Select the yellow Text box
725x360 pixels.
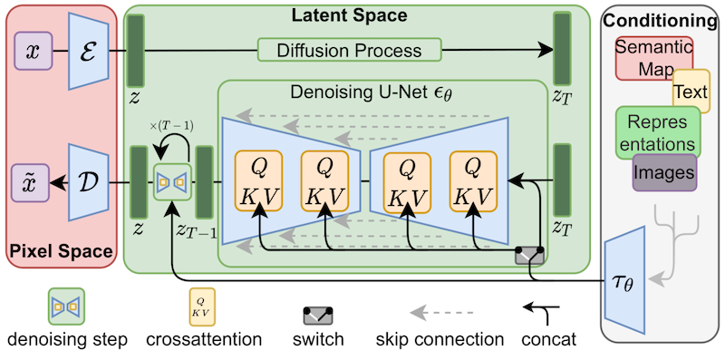691,91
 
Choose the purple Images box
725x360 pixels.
664,170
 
